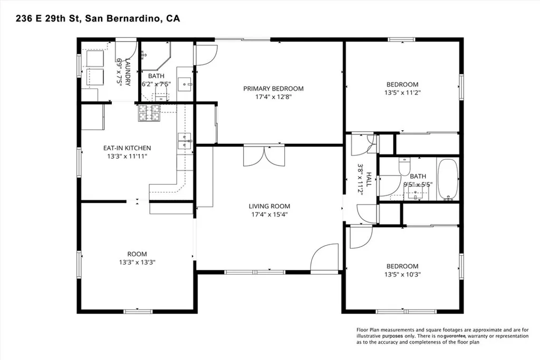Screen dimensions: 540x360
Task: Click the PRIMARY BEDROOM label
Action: pos(274,89)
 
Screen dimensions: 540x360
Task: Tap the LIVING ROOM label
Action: pos(269,206)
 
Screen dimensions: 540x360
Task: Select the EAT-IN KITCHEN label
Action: pos(127,148)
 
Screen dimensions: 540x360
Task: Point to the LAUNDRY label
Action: pos(128,72)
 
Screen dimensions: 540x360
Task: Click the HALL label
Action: pos(369,179)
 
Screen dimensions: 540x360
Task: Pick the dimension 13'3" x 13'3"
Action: pos(137,262)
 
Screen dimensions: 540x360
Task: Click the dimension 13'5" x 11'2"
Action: pos(402,93)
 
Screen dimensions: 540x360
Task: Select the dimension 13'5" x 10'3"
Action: pos(402,274)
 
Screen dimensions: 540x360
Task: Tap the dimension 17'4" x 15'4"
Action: pos(269,215)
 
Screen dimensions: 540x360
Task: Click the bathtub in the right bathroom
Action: pos(448,179)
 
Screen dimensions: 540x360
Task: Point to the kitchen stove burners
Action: pos(149,113)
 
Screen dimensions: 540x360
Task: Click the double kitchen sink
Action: pos(184,141)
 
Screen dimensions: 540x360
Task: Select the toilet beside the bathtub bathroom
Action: pos(404,166)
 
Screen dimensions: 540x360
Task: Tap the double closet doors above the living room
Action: pos(264,156)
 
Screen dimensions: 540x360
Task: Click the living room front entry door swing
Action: pos(324,257)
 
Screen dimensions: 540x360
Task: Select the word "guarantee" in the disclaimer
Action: pos(455,336)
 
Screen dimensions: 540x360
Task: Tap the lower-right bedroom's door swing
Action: pos(361,237)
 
